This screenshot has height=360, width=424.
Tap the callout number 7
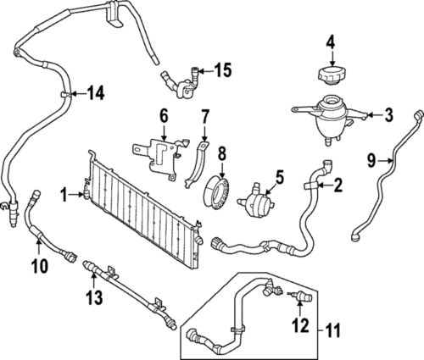pos(205,114)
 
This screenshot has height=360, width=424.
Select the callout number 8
pos(223,152)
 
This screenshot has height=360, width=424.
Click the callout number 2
pos(337,184)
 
